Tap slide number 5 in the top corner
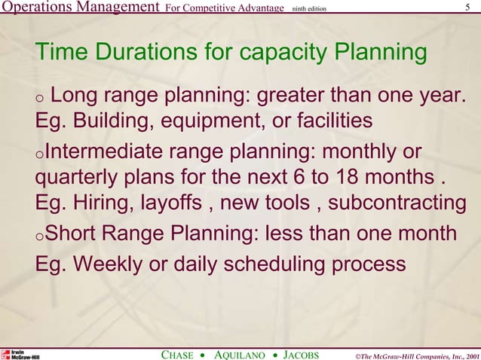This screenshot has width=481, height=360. [469, 8]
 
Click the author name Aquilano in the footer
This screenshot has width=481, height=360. [240, 354]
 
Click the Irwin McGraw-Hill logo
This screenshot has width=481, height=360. [20, 354]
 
